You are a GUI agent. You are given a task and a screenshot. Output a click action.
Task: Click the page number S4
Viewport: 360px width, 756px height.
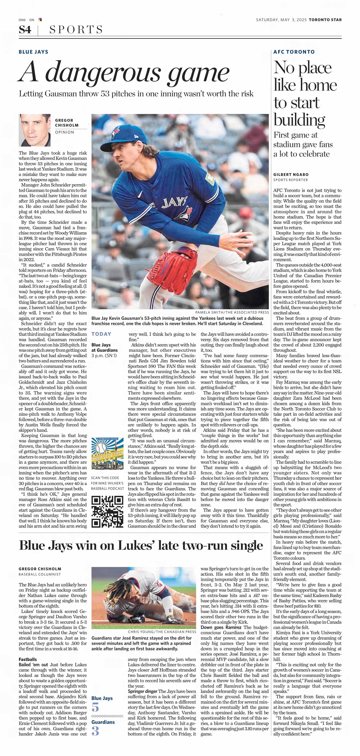(x=25, y=30)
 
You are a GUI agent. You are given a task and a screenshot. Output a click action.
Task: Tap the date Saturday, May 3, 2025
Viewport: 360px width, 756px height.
(x=281, y=20)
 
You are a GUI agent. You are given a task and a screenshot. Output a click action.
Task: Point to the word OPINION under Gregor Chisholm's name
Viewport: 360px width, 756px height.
(x=65, y=132)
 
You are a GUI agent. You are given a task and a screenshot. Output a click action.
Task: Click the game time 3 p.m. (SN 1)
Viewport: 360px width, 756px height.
(x=104, y=355)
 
